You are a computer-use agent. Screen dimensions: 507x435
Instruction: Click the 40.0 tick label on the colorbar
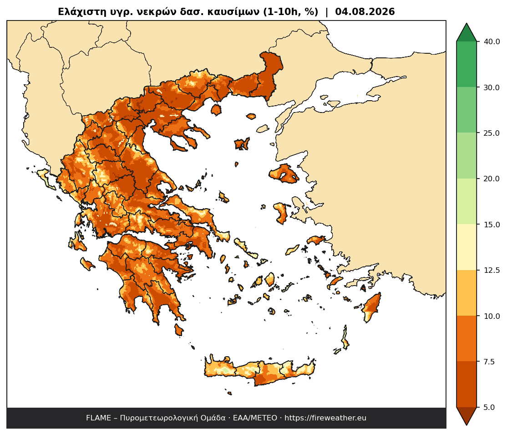[492, 42]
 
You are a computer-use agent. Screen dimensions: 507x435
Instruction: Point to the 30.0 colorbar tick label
[492, 87]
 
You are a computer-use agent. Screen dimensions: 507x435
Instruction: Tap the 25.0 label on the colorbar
[492, 133]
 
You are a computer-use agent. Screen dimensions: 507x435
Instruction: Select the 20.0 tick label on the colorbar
[492, 179]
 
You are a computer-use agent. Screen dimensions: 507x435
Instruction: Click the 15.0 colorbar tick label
[492, 224]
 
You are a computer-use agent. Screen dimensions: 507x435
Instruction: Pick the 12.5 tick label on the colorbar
[492, 270]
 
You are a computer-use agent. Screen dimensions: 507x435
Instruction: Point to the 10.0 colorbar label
[492, 316]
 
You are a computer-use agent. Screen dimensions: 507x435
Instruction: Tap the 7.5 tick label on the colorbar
[489, 362]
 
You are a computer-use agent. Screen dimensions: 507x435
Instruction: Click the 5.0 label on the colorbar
[489, 407]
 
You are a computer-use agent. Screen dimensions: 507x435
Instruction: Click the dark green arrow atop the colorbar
[466, 33]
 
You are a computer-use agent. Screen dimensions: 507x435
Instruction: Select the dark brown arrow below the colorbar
[466, 415]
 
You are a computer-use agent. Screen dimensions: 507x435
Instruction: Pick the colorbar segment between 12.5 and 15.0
[466, 247]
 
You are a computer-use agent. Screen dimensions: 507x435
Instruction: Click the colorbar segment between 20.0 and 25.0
[466, 156]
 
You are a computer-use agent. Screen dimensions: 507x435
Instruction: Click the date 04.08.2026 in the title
[365, 12]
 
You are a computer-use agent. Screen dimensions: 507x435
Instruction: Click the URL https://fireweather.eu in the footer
[325, 418]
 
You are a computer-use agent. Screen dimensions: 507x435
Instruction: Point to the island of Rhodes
[371, 307]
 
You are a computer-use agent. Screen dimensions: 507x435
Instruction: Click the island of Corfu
[46, 179]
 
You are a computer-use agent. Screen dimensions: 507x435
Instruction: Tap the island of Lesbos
[284, 174]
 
